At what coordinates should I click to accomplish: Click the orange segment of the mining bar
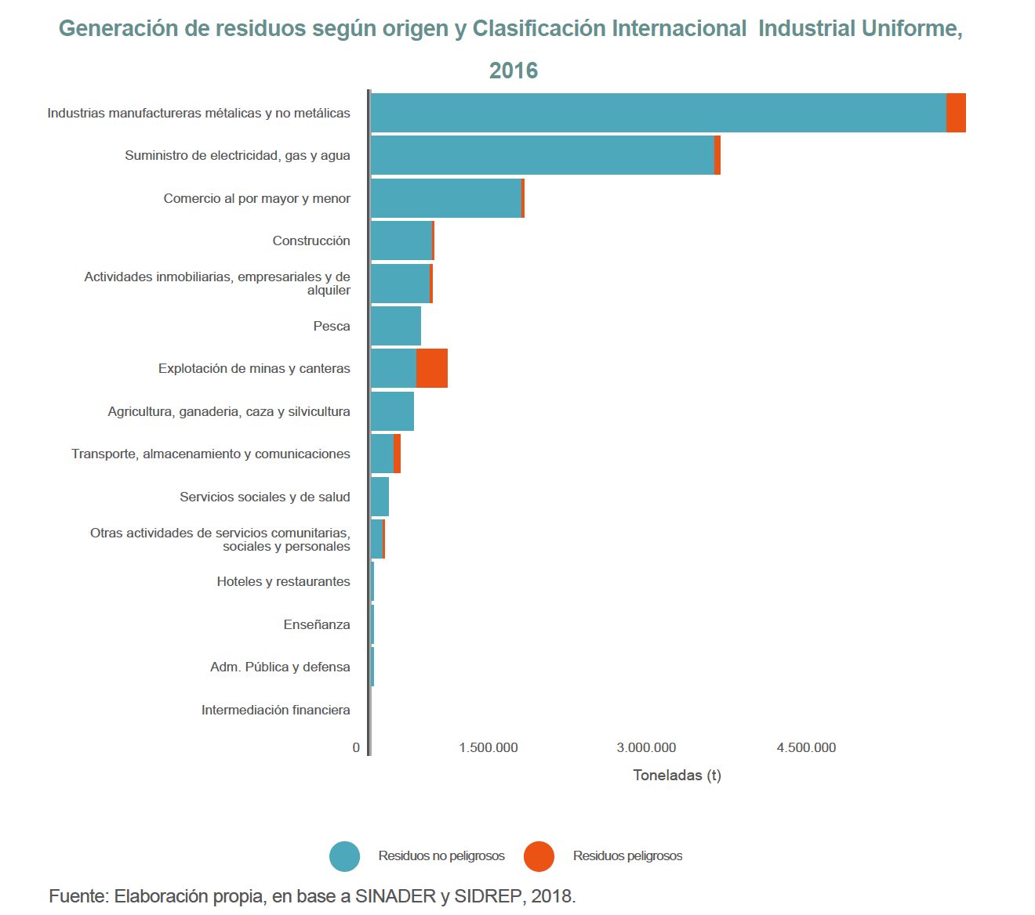pos(432,368)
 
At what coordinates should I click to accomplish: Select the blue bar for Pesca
pos(396,326)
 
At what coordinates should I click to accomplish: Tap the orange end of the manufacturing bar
pos(956,113)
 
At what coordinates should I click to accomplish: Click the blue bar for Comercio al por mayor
pos(446,198)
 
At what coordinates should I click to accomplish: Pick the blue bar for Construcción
pos(401,241)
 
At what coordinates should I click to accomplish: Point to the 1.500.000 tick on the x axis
pos(488,747)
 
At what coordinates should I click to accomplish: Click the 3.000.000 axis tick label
pos(646,747)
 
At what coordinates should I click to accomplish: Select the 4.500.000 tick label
pos(806,747)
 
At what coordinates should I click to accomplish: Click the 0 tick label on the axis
pos(356,747)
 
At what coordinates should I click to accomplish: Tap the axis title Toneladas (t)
pos(677,776)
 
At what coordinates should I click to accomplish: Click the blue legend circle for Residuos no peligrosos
pos(345,856)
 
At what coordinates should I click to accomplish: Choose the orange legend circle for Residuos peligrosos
pos(539,856)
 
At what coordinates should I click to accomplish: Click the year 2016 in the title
pos(514,71)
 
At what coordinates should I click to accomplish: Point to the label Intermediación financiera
pos(276,710)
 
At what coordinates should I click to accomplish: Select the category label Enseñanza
pos(317,624)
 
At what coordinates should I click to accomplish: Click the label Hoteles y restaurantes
pos(284,581)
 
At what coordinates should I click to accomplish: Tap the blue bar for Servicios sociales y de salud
pos(380,497)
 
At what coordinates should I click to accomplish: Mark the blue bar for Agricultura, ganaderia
pos(392,411)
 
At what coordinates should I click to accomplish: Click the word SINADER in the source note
pos(395,896)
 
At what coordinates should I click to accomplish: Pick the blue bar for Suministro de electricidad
pos(542,155)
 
